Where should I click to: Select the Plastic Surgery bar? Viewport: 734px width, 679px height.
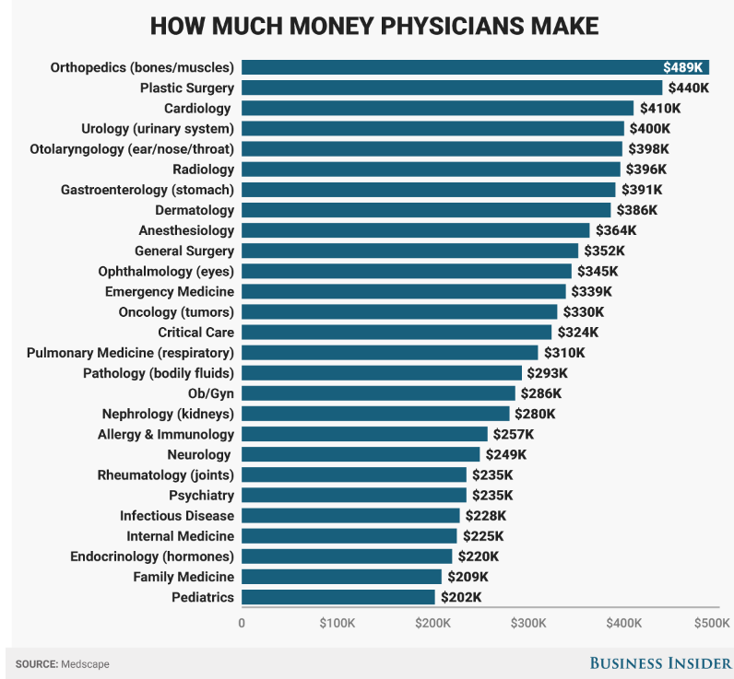click(452, 88)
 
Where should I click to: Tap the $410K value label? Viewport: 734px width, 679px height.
click(660, 108)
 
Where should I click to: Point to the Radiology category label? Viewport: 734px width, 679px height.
click(203, 169)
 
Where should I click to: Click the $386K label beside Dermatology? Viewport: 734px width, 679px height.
click(637, 210)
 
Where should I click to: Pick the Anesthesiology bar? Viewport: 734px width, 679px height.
click(415, 230)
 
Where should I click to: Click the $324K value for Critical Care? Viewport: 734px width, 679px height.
click(578, 332)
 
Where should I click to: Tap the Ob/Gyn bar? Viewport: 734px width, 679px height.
click(378, 393)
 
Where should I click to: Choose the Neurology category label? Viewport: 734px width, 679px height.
click(200, 454)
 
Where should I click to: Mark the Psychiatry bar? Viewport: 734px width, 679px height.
click(354, 495)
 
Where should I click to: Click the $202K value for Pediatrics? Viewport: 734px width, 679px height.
click(461, 597)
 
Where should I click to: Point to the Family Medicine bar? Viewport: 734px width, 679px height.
click(341, 577)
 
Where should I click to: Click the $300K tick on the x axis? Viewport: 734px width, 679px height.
click(528, 624)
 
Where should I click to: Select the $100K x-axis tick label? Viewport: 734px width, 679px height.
click(337, 624)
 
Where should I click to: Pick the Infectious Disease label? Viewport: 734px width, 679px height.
click(177, 516)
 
